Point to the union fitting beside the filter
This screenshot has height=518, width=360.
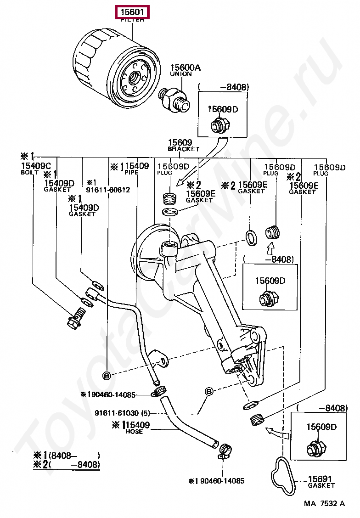[174, 99]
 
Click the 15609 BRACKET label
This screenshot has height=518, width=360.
[183, 145]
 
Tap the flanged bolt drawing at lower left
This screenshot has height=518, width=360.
[76, 318]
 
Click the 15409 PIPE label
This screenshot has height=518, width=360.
[131, 169]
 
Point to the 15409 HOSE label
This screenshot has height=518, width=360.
[131, 428]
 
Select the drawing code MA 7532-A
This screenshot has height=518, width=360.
[324, 503]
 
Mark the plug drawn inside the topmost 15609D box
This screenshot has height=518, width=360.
[220, 125]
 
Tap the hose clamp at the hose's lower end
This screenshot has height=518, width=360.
[224, 452]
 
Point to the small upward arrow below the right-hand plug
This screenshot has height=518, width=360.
[270, 248]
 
